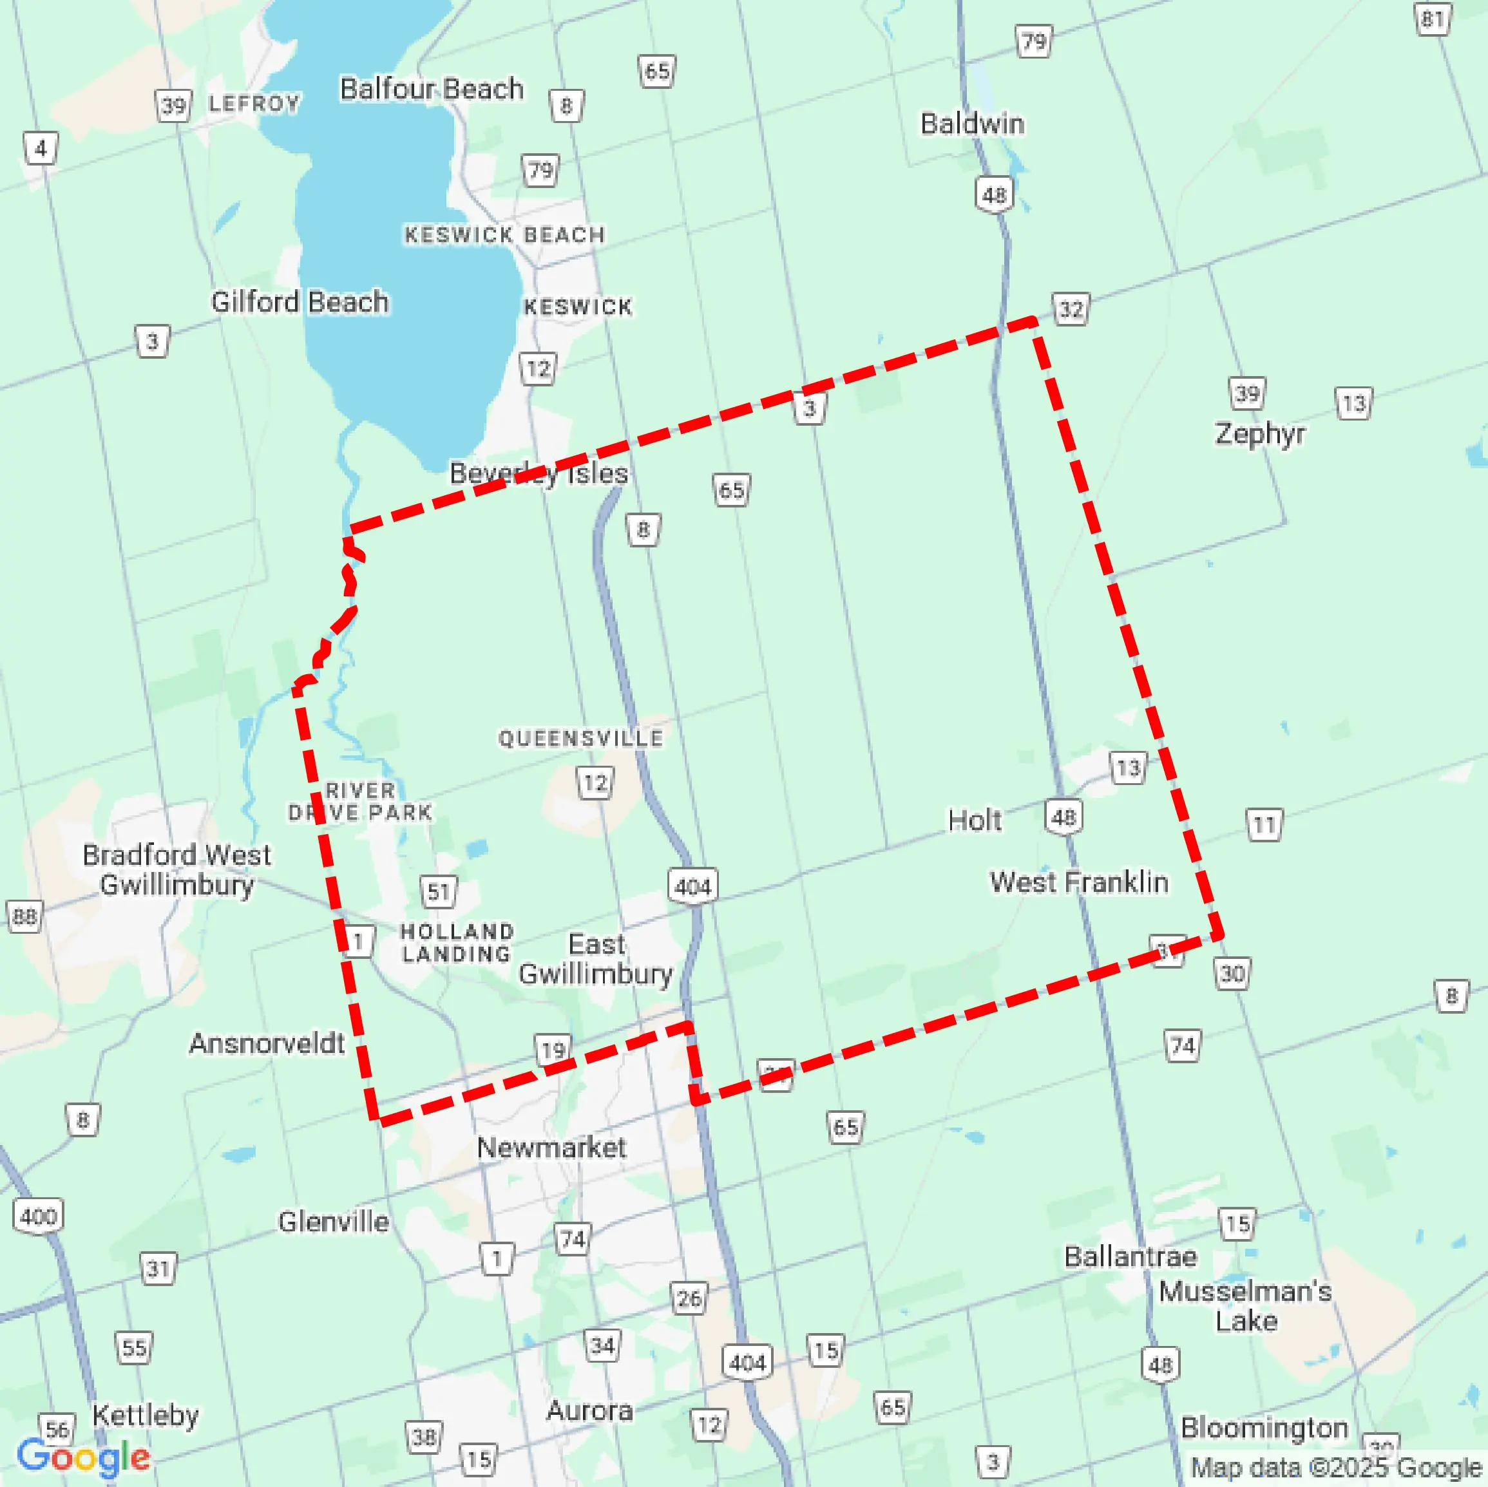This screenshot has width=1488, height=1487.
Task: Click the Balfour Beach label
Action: (432, 90)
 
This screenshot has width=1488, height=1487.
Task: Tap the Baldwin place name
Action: (972, 124)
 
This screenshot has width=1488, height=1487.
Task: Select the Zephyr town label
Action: (1260, 433)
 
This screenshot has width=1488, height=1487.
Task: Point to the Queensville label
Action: (580, 739)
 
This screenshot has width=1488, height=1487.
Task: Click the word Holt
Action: (974, 821)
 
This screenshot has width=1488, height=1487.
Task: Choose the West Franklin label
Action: (1078, 882)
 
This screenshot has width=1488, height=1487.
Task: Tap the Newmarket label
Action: (551, 1148)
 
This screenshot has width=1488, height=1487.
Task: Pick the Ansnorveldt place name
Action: (267, 1043)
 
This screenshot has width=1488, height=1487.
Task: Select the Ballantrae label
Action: (1130, 1256)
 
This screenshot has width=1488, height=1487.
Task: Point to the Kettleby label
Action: (146, 1416)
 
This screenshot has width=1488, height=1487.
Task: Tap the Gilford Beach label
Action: (300, 302)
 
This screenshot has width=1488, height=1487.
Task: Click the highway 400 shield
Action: (38, 1217)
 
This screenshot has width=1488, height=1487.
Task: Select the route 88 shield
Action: (24, 916)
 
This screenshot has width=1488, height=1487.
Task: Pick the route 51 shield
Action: (439, 892)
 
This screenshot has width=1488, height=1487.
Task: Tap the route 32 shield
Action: (1071, 310)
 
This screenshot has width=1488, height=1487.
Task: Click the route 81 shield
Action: (1433, 19)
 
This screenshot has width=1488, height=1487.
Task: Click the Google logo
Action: (83, 1457)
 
